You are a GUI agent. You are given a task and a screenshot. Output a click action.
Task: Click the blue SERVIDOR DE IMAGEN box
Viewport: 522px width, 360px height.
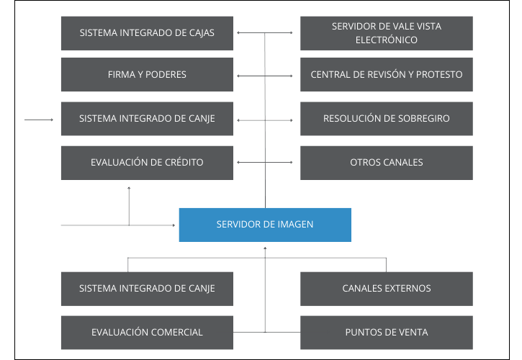[x=265, y=225]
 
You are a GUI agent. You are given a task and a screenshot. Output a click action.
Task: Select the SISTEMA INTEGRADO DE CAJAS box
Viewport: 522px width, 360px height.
[x=147, y=33]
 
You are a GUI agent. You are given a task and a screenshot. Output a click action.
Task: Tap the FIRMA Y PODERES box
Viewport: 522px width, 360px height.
[x=147, y=75]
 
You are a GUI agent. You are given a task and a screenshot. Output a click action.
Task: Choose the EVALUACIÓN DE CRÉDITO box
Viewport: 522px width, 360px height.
[x=147, y=163]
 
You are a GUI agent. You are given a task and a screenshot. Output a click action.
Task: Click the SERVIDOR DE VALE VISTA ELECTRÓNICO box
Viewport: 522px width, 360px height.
[x=386, y=33]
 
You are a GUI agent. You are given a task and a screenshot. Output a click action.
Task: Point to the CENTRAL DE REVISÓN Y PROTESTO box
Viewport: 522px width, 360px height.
[x=386, y=75]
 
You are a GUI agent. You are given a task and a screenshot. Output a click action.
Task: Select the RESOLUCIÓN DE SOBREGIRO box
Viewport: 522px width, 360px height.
[x=386, y=119]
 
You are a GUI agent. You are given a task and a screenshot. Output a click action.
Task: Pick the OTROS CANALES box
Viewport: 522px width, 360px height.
[x=386, y=163]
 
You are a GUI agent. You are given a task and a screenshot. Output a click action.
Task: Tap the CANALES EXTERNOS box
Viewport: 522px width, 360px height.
[x=386, y=289]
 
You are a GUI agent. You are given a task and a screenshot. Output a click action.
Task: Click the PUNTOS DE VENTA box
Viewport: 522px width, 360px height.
[x=386, y=333]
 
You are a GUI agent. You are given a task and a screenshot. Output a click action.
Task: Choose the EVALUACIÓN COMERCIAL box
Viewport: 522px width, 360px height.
[x=147, y=333]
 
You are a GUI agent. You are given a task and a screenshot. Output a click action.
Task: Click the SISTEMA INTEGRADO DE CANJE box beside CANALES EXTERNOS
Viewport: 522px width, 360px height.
[x=147, y=289]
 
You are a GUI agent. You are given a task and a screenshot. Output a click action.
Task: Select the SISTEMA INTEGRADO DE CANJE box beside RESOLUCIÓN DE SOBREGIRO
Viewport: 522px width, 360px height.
[x=147, y=119]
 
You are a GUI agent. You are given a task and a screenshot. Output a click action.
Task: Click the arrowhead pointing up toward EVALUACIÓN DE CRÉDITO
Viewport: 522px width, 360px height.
[x=129, y=188]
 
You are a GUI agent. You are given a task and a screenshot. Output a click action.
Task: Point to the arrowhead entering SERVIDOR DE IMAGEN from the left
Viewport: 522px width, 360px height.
[x=175, y=225]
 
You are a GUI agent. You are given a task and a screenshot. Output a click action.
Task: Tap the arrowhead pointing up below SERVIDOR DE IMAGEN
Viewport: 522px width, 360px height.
[x=265, y=248]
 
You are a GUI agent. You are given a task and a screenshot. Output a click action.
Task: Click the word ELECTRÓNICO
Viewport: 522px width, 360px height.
[x=386, y=40]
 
